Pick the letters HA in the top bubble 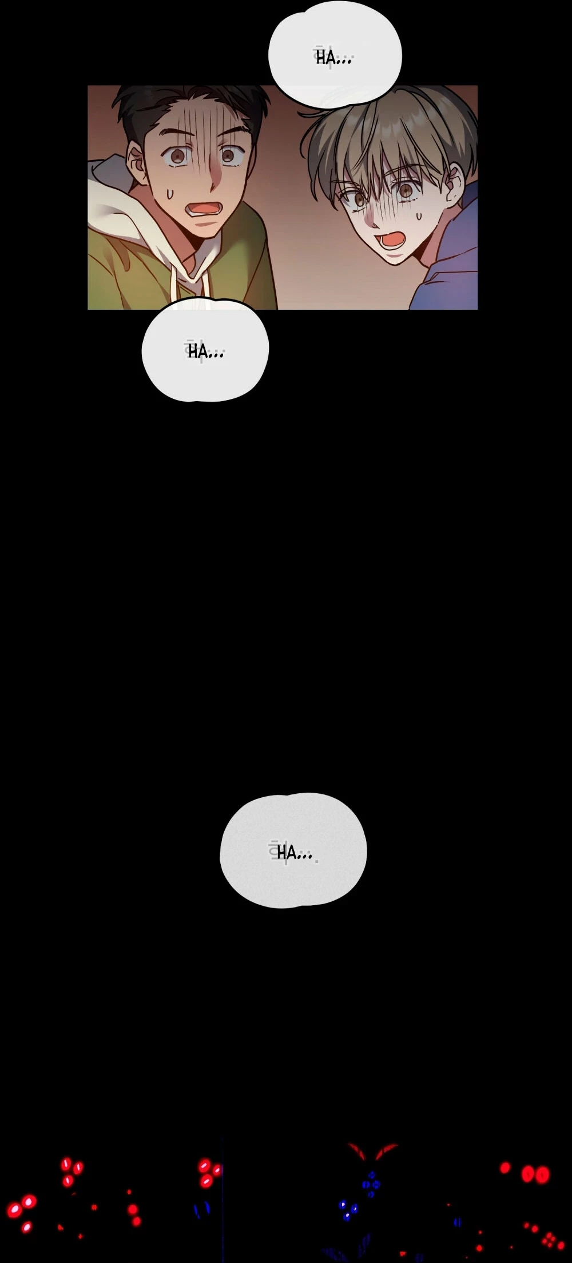[325, 58]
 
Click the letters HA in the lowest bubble [286, 853]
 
